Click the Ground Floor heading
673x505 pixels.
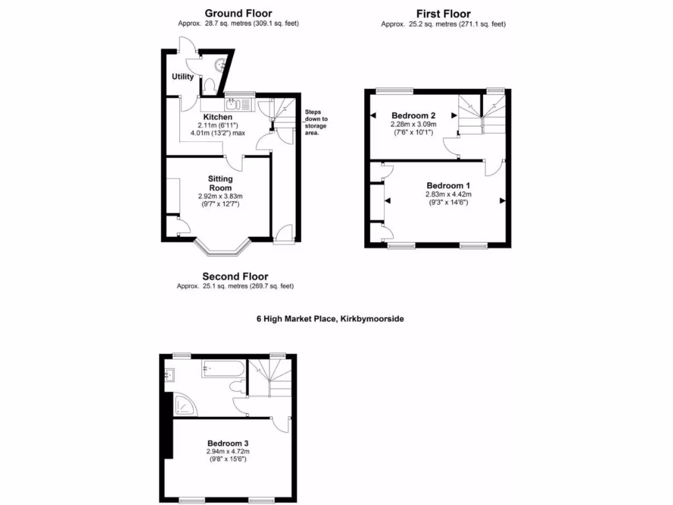[x=238, y=12]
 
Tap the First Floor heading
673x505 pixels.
[x=444, y=14]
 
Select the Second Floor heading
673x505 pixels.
[x=235, y=276]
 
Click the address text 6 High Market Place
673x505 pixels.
[x=330, y=319]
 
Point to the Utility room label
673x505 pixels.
[x=183, y=77]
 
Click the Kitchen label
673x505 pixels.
[x=218, y=117]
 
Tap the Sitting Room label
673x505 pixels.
[x=220, y=183]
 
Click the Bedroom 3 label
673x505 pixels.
[x=228, y=443]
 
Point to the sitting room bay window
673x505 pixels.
[x=223, y=249]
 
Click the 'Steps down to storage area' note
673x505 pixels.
[x=315, y=122]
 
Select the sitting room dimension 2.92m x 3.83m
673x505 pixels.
[x=220, y=196]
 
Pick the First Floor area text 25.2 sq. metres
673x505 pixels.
[x=443, y=24]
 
